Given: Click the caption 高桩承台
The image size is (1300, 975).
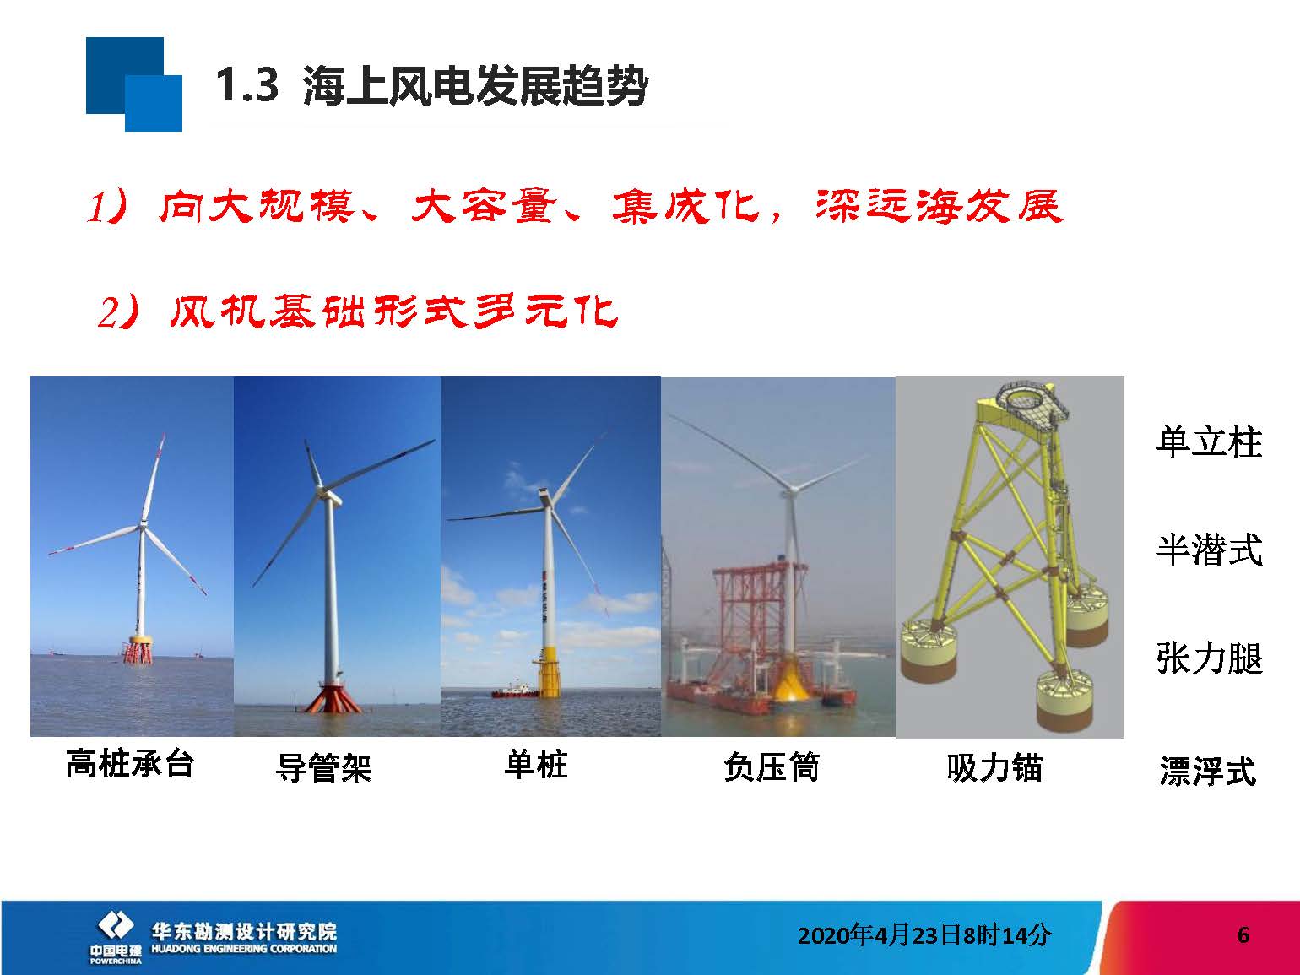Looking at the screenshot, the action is click(x=130, y=764).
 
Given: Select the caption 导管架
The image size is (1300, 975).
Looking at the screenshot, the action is click(x=324, y=768).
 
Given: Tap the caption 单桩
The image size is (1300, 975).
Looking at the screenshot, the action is click(x=536, y=764).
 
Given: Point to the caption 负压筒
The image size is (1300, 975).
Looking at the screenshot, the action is click(x=772, y=767).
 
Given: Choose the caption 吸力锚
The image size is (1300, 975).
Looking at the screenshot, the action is click(x=994, y=768).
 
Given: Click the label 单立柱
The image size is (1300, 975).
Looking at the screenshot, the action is click(x=1210, y=441).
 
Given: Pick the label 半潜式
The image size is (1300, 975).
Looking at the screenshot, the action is click(x=1210, y=550).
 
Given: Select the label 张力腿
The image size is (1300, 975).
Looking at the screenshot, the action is click(x=1210, y=658).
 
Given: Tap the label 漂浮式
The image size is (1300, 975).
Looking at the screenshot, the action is click(x=1208, y=771).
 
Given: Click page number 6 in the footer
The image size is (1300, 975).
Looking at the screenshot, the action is click(x=1243, y=934).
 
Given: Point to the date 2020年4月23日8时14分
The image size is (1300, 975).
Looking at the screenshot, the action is click(x=924, y=935).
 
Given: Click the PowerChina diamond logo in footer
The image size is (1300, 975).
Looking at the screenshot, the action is click(x=116, y=925).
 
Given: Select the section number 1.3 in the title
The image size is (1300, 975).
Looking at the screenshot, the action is click(x=247, y=85).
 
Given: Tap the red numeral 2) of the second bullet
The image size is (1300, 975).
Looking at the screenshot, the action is click(x=118, y=312).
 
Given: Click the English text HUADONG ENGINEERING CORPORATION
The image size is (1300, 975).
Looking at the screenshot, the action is click(x=244, y=949).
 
